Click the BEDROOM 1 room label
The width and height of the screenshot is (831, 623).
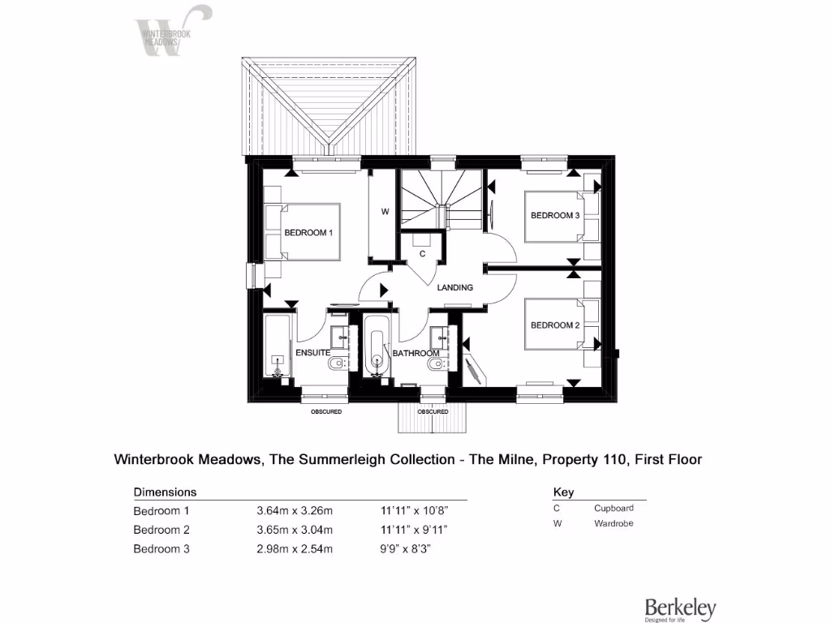click(308, 233)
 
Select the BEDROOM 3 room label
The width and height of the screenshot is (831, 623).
click(554, 216)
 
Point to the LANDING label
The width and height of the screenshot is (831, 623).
click(454, 288)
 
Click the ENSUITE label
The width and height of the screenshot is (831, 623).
click(312, 354)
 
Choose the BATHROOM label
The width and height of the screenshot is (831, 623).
click(415, 354)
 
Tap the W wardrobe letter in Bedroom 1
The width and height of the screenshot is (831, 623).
click(385, 212)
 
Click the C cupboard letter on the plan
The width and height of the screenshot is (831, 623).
click(422, 254)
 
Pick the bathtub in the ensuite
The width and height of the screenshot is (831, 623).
click(277, 348)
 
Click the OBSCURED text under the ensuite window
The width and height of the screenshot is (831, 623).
click(326, 412)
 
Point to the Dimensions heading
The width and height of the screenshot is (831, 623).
click(165, 492)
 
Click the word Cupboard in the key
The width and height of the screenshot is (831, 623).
click(614, 508)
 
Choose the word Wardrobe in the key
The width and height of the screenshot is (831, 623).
click(614, 523)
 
